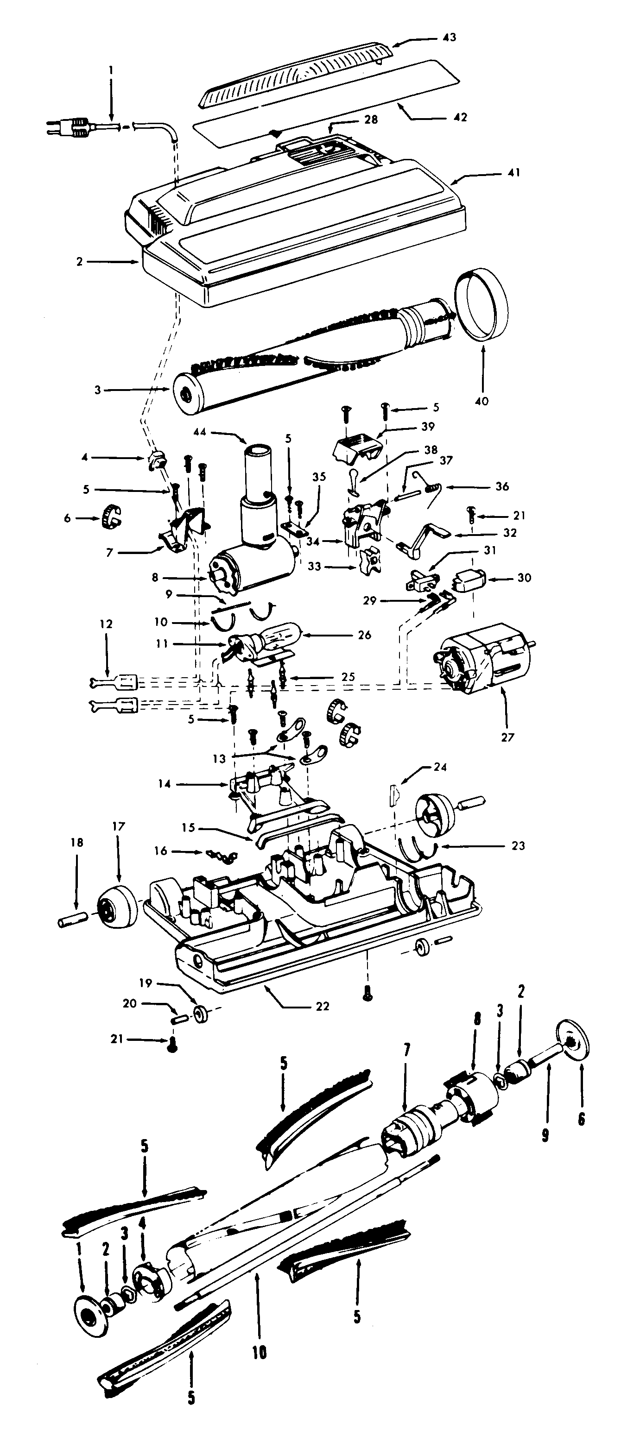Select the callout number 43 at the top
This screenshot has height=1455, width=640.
coord(450,37)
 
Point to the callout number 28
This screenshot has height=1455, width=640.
coord(371,120)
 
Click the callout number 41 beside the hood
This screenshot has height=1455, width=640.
coord(513,172)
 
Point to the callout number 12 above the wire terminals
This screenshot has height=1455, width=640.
coord(106,624)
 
